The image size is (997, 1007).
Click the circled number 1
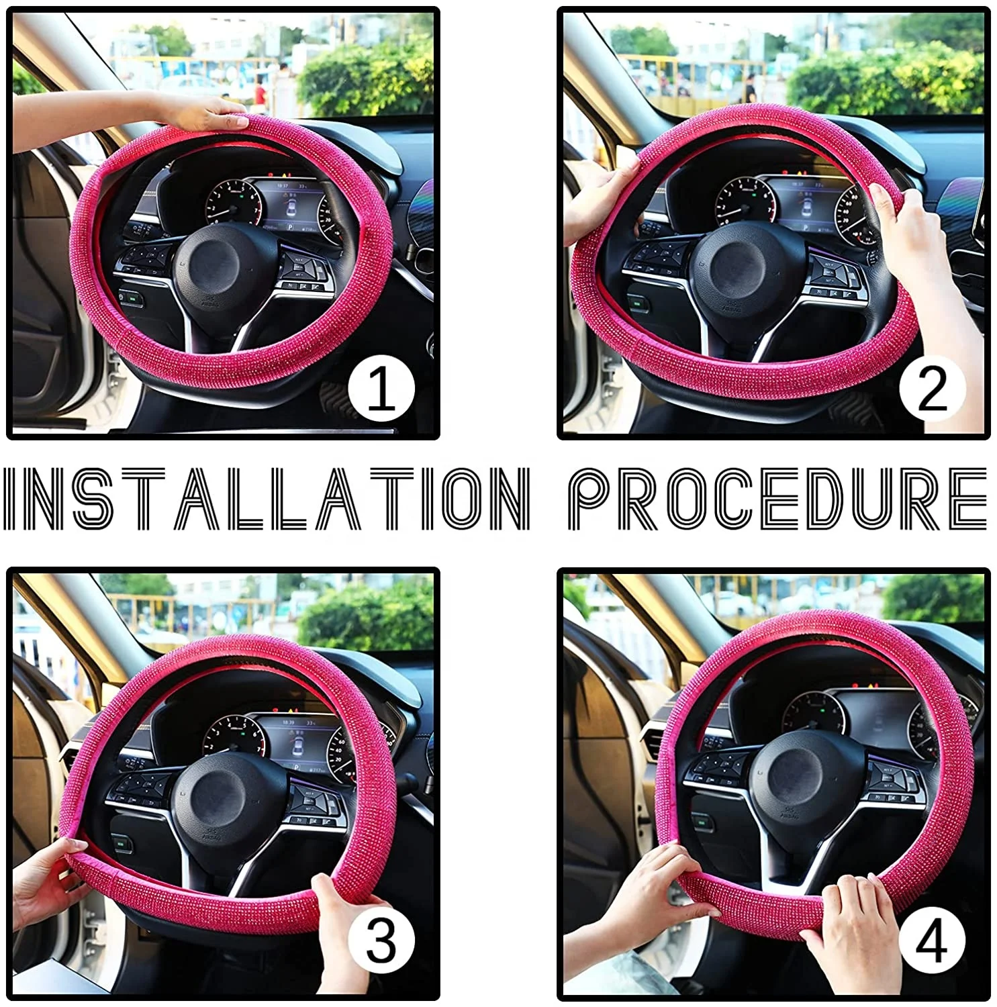pyautogui.click(x=381, y=389)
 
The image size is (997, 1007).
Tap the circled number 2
pyautogui.click(x=932, y=389)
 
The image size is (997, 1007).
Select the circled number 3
pyautogui.click(x=381, y=940)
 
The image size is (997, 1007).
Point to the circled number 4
pyautogui.click(x=932, y=940)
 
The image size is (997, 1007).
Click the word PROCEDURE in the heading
pyautogui.click(x=777, y=498)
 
